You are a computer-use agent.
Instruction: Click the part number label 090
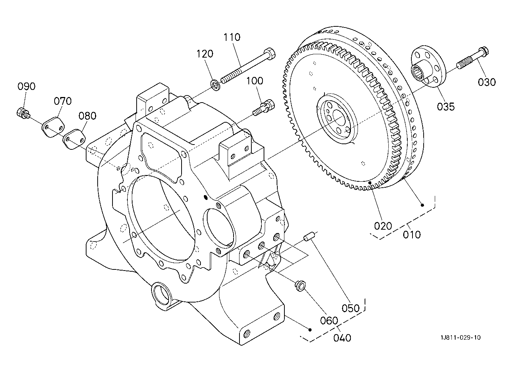pos(26,86)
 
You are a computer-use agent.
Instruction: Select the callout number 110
pos(232,37)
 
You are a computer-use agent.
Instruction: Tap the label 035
pos(446,107)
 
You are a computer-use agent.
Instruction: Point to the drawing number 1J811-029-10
pos(461,337)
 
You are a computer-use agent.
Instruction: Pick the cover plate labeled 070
pos(53,127)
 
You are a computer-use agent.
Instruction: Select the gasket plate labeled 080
pos(74,139)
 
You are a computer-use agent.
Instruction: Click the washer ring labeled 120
pos(215,85)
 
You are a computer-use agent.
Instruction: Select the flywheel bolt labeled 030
pos(472,58)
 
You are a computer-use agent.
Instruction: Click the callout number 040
pos(342,338)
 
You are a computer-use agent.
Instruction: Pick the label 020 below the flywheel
pos(383,226)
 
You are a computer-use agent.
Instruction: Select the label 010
pos(411,235)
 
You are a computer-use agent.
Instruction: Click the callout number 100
pos(255,81)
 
